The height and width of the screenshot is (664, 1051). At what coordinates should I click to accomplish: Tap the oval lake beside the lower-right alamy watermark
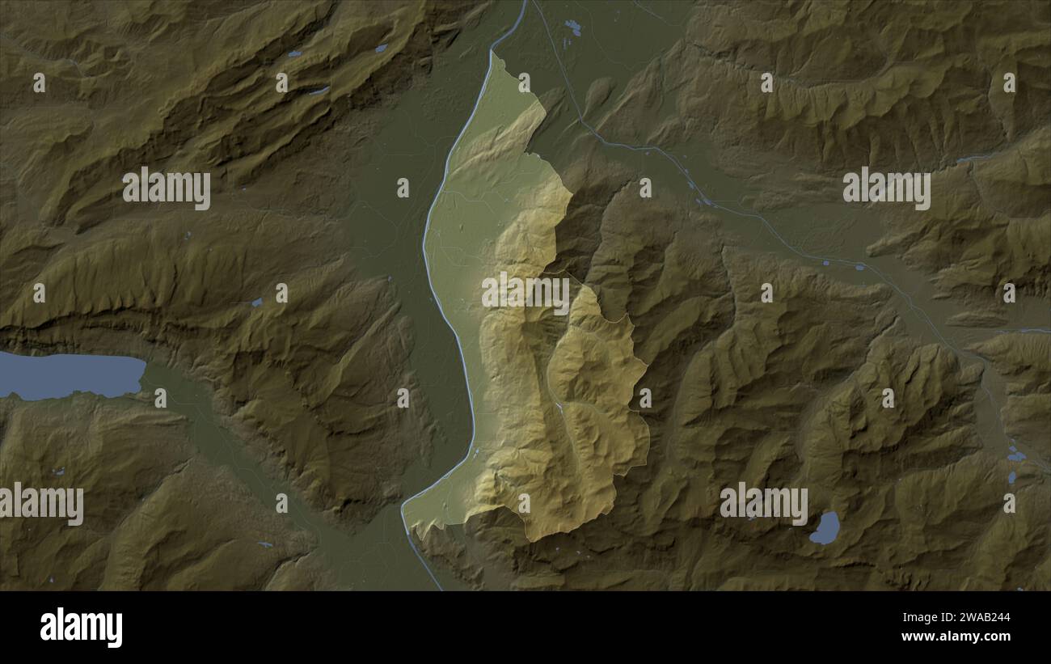pos(825,527)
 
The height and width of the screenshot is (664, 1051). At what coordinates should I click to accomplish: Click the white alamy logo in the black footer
pos(81,628)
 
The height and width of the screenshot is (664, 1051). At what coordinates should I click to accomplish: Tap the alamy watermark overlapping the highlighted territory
pos(525,293)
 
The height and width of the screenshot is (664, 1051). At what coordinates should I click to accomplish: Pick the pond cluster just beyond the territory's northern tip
pos(573,27)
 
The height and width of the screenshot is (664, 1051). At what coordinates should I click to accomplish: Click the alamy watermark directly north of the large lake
pos(167,188)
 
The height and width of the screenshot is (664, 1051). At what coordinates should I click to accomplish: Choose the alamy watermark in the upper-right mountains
pos(886,188)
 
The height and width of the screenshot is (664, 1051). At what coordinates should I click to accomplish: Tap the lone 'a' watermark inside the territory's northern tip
pos(524,82)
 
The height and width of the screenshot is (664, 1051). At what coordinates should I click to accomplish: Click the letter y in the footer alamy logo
pos(115,630)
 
